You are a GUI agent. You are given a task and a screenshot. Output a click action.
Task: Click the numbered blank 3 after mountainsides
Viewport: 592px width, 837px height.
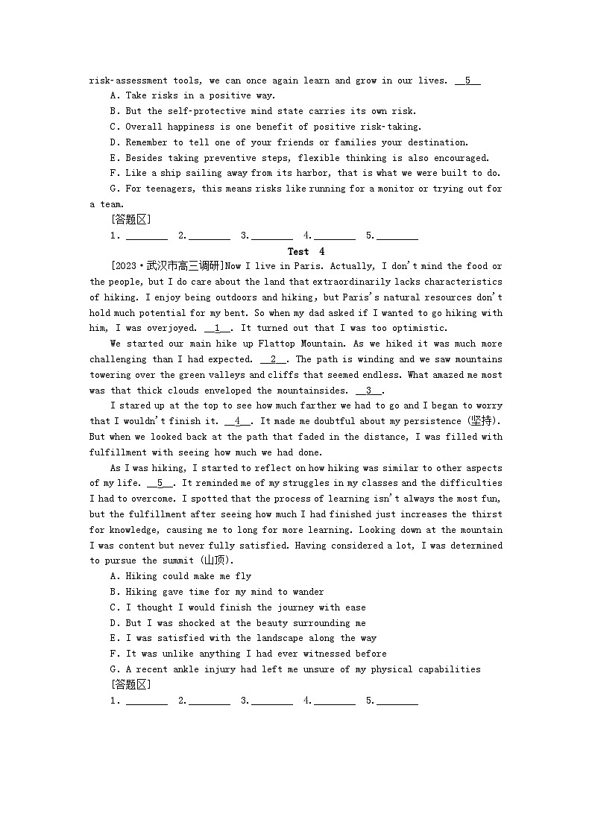(x=368, y=391)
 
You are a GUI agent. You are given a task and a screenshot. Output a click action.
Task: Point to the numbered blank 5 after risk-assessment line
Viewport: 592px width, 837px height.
(x=467, y=80)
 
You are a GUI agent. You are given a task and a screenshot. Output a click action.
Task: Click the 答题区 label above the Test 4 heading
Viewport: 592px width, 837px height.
(x=130, y=219)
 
